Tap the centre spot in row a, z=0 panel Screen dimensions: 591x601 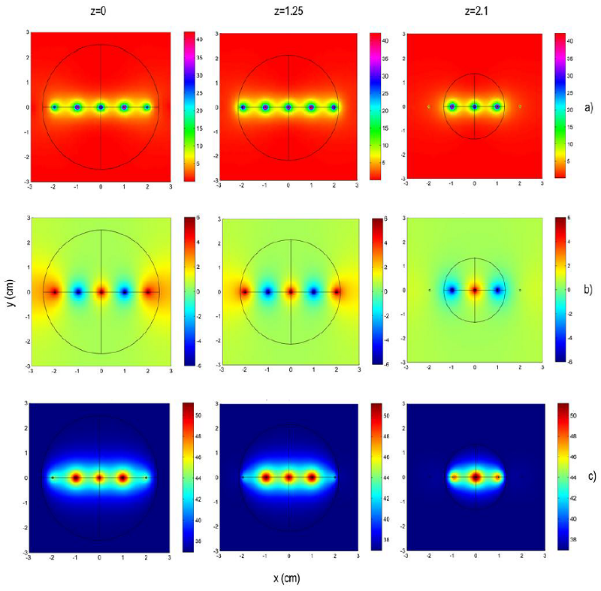point(101,107)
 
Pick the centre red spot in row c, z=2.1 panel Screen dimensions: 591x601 point(475,476)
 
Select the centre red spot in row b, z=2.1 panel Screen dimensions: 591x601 point(475,290)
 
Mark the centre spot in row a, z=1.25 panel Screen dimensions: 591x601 point(288,107)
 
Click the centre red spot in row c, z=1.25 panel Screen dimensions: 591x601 point(288,476)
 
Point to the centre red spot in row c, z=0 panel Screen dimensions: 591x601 point(99,477)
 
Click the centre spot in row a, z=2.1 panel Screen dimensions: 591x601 point(475,107)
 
